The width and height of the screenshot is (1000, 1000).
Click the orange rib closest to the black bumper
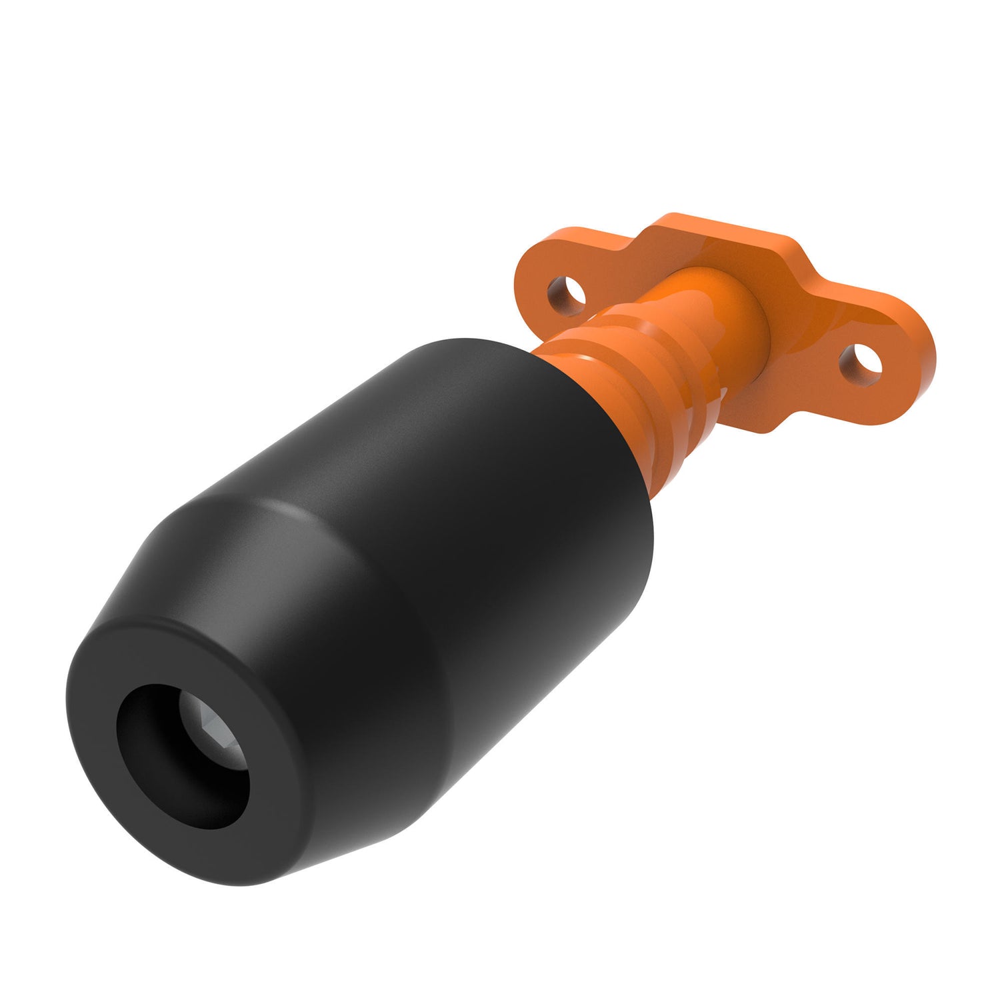pyautogui.click(x=600, y=373)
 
